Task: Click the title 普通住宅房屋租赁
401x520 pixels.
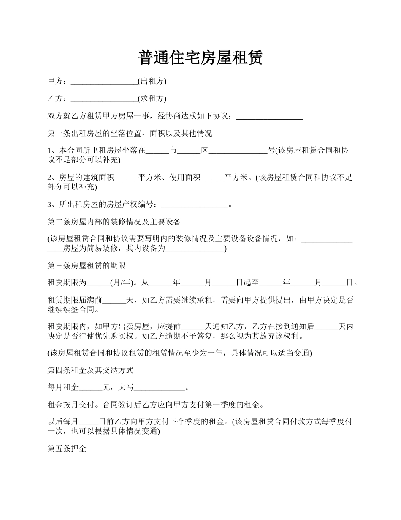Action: pyautogui.click(x=200, y=58)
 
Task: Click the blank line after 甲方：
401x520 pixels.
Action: pyautogui.click(x=104, y=81)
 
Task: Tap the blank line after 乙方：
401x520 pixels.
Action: pyautogui.click(x=104, y=99)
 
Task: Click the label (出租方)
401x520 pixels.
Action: pyautogui.click(x=152, y=81)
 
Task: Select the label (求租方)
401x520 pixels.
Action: pyautogui.click(x=152, y=99)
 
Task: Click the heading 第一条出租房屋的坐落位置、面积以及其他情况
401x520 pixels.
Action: pyautogui.click(x=130, y=134)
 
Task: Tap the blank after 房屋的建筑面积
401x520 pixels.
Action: pyautogui.click(x=126, y=178)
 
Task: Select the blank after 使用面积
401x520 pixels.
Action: pyautogui.click(x=212, y=178)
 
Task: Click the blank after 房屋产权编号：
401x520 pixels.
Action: pyautogui.click(x=195, y=205)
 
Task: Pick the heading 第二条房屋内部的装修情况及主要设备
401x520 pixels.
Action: pyautogui.click(x=114, y=222)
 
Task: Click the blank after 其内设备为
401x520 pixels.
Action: pyautogui.click(x=195, y=249)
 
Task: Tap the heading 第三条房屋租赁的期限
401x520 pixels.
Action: pyautogui.click(x=87, y=266)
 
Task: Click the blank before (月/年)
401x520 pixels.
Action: pyautogui.click(x=98, y=283)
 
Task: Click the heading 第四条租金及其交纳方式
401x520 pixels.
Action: pyautogui.click(x=90, y=370)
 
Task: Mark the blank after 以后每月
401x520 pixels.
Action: pyautogui.click(x=88, y=422)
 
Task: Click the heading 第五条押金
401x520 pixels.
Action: pyautogui.click(x=67, y=449)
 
